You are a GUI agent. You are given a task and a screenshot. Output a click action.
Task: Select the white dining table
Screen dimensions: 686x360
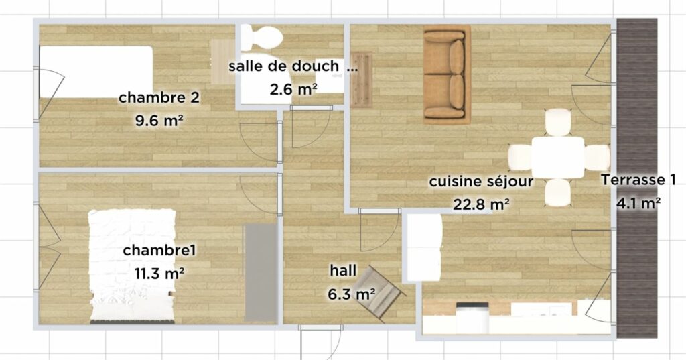[558, 158]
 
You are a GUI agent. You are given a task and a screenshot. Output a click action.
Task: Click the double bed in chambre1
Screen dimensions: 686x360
[133, 266]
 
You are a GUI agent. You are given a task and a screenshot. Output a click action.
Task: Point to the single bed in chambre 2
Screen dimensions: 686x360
[96, 72]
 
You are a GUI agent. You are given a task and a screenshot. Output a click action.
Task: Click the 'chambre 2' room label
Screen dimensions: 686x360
[159, 97]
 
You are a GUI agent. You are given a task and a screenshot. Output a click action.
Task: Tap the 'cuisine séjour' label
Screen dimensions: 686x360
[481, 181]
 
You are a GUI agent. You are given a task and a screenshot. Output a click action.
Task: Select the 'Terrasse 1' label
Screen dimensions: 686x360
[638, 180]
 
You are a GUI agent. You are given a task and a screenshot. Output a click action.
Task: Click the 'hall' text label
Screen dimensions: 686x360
[343, 270]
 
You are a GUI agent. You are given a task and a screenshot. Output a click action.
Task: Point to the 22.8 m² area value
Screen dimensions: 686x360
[481, 204]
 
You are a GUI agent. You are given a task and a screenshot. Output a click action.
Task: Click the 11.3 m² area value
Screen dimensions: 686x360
[159, 274]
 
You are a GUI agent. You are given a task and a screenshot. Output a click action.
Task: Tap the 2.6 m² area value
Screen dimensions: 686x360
[293, 89]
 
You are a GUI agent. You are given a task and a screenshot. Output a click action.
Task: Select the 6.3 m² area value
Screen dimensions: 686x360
[351, 294]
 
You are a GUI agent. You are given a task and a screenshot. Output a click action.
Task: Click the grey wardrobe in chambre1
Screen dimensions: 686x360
[261, 273]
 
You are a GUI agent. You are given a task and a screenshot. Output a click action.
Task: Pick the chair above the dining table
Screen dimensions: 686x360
[558, 122]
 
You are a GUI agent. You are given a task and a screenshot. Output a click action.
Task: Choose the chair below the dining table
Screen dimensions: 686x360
[558, 192]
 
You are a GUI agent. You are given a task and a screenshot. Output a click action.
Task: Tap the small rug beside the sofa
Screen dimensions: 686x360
[361, 80]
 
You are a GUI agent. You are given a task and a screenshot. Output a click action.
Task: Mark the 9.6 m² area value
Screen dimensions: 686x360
[159, 121]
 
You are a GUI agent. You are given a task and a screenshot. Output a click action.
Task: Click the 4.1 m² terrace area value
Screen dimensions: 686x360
[638, 203]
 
